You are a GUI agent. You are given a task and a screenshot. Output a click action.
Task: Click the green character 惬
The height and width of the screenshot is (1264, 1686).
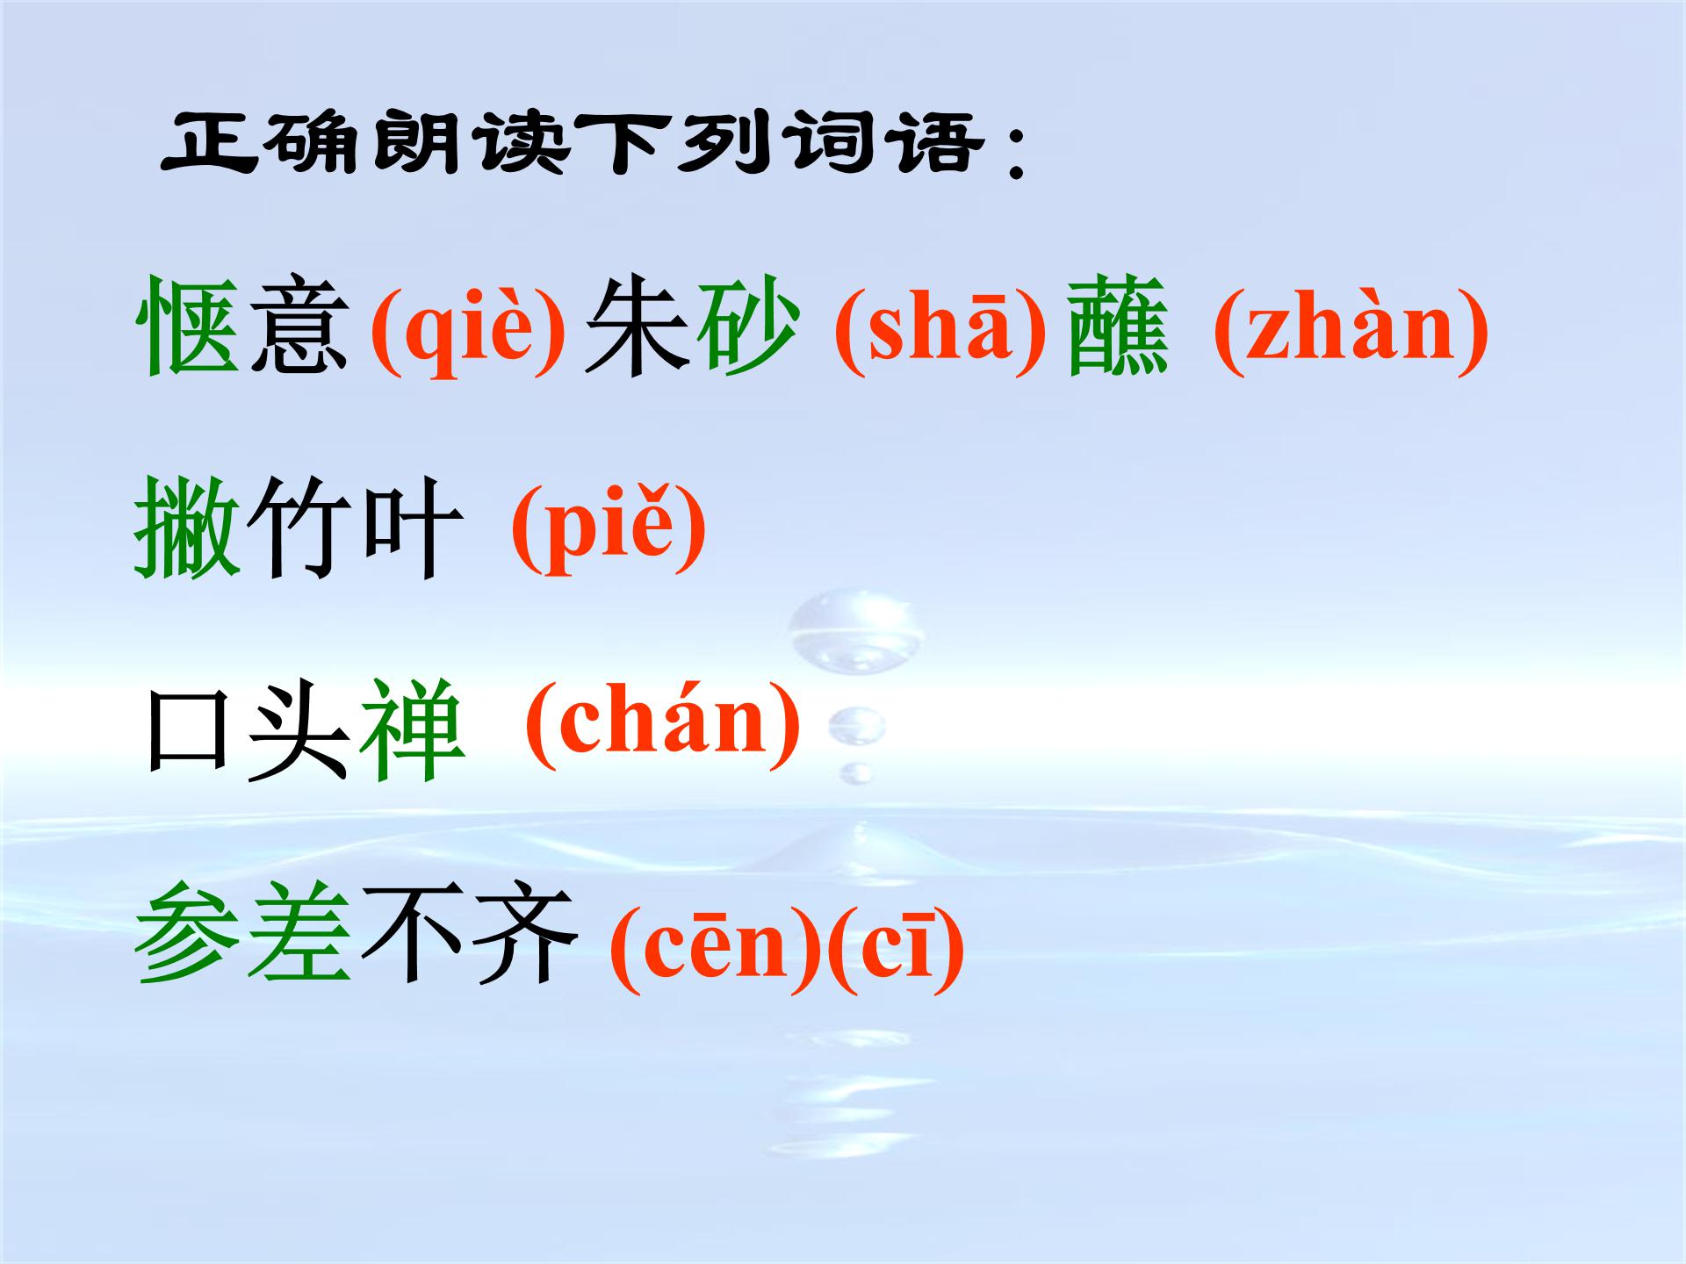tap(189, 327)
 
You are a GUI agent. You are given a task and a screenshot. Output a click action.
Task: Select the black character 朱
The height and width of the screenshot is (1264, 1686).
tap(638, 327)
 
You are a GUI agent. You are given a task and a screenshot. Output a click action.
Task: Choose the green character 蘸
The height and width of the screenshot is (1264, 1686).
tap(1118, 327)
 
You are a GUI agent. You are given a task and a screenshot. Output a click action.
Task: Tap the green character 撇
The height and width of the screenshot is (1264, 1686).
tap(187, 528)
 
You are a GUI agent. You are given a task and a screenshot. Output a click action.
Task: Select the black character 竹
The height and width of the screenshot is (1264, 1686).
tap(299, 528)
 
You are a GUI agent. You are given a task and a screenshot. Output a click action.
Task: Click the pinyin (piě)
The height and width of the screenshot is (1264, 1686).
tap(609, 529)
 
